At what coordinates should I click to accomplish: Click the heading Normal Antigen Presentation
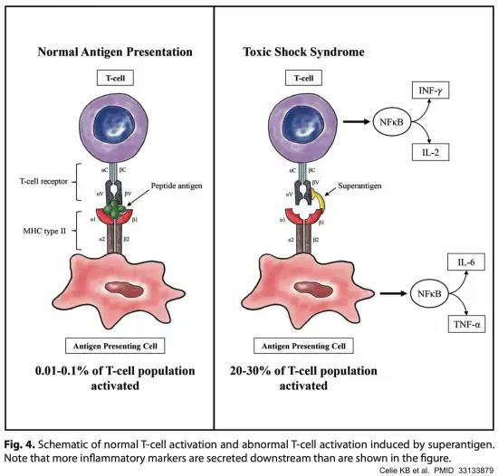coord(113,52)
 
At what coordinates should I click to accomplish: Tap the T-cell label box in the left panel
coord(114,79)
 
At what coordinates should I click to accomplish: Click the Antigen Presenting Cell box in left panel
coord(114,346)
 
